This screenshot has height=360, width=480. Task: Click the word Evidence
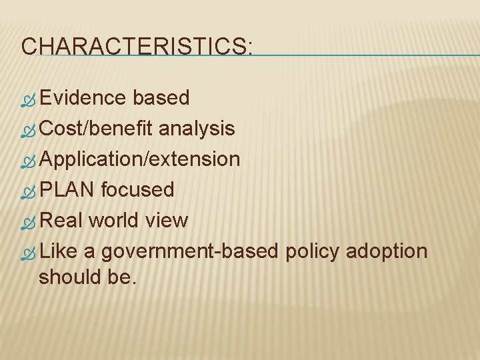(x=83, y=98)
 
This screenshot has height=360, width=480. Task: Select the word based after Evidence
(x=161, y=98)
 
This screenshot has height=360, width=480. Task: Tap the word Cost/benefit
(x=97, y=128)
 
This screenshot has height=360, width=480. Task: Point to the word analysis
(x=197, y=128)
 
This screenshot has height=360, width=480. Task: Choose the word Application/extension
(x=139, y=159)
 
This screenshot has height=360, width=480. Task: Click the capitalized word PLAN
(x=67, y=190)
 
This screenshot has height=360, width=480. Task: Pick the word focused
(x=137, y=190)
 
